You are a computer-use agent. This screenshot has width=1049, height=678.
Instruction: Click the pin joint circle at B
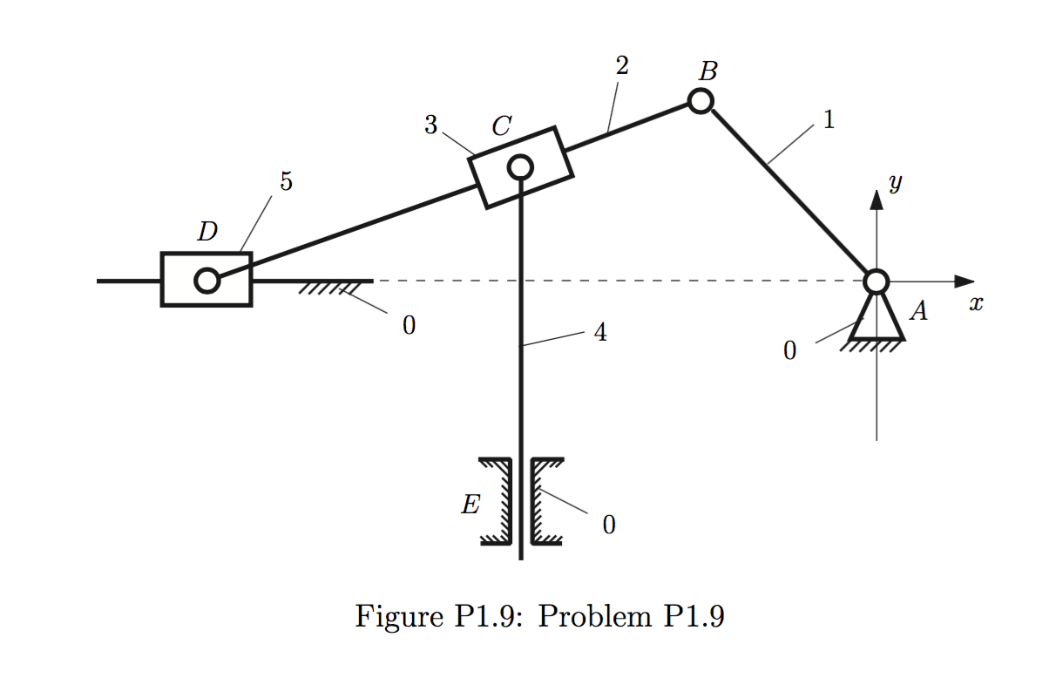(x=700, y=101)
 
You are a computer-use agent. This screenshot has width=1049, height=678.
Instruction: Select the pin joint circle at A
(x=876, y=281)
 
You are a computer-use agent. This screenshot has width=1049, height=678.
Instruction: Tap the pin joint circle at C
(x=520, y=166)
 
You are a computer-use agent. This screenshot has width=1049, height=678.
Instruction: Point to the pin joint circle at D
(x=206, y=281)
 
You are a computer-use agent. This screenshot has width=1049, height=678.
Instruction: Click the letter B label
(x=708, y=70)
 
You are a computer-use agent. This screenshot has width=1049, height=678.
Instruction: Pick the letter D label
(x=206, y=232)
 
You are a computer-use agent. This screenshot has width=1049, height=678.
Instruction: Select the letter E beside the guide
(x=470, y=505)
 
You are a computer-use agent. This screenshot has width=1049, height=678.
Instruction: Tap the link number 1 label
(x=829, y=120)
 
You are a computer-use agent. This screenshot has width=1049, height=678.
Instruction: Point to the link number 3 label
(x=430, y=125)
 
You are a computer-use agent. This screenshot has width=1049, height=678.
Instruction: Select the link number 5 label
(x=286, y=181)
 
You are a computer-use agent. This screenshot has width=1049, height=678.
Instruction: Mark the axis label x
(x=976, y=304)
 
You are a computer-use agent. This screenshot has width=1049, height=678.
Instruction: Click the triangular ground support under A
(x=876, y=320)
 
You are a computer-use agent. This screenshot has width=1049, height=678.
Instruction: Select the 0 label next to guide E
(x=608, y=525)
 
